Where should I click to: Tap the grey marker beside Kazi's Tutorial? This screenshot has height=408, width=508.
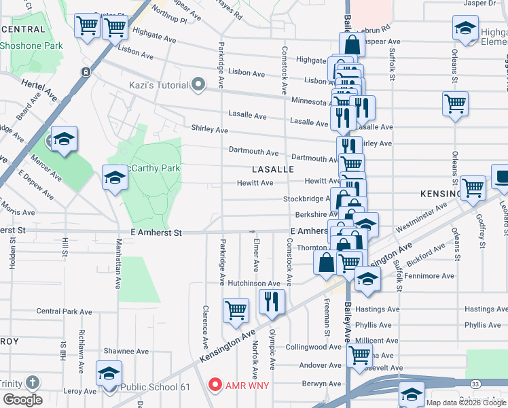[198, 85]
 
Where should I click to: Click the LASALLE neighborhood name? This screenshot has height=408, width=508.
[272, 169]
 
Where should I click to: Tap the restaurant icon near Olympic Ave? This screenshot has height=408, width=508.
[272, 301]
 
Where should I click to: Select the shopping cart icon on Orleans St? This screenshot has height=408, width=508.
[455, 104]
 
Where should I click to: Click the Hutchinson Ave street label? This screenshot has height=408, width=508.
[254, 283]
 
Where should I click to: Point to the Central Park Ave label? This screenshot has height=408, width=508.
[64, 311]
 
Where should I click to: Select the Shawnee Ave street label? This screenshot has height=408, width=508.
[126, 352]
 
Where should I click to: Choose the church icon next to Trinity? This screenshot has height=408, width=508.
[32, 383]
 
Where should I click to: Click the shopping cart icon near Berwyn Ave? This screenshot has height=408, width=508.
[359, 354]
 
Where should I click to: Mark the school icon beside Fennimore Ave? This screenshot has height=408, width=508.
[367, 279]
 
